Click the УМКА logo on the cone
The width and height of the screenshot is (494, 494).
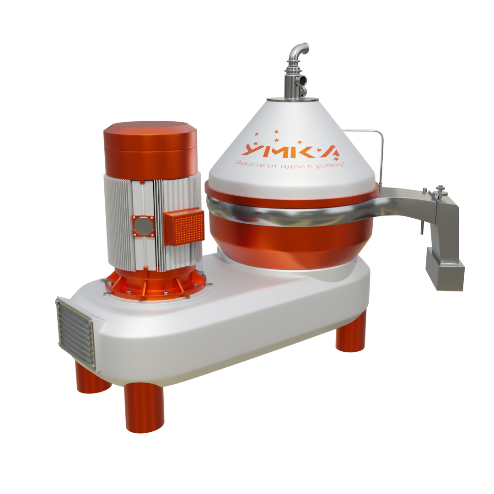click(x=290, y=150)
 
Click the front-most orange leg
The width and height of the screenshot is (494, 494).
click(x=144, y=407)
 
